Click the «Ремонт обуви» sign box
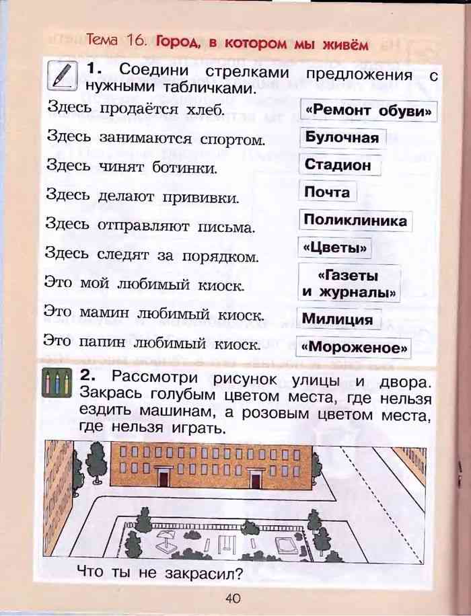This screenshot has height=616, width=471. tap(369, 111)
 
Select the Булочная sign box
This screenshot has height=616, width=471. tap(342, 138)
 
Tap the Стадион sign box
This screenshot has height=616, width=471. tap(340, 165)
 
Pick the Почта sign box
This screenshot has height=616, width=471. tap(327, 192)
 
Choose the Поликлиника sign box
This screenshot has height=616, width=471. tap(355, 220)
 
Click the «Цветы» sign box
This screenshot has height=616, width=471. tap(334, 248)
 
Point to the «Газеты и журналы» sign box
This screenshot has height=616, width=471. tap(349, 283)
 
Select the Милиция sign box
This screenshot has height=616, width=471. tap(339, 319)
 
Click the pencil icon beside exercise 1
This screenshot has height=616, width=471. tap(61, 76)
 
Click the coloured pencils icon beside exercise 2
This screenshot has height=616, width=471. tap(57, 383)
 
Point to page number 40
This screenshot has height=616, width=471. tap(233, 599)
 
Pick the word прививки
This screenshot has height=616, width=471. tap(201, 197)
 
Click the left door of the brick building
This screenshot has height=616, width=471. tap(163, 477)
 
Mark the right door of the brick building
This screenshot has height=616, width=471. tap(255, 479)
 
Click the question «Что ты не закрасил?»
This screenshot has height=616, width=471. tap(160, 573)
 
